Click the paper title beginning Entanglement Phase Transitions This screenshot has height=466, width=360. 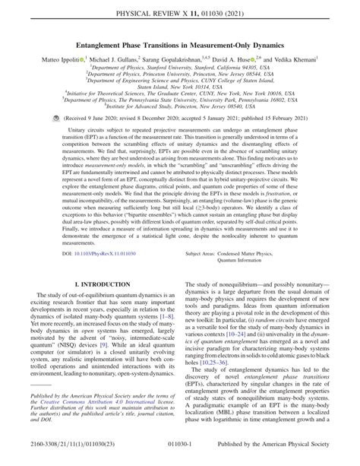tap(180, 45)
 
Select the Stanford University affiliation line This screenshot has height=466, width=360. tap(180, 67)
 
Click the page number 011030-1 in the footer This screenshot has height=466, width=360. tap(180, 456)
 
